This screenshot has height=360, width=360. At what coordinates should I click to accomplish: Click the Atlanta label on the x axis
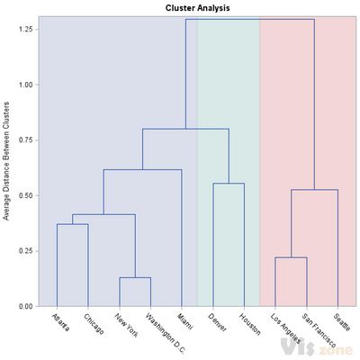[61, 321]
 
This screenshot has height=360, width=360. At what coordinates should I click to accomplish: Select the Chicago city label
[93, 323]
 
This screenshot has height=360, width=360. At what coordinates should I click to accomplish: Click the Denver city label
[217, 321]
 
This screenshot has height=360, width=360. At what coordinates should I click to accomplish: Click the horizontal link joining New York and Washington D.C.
[134, 277]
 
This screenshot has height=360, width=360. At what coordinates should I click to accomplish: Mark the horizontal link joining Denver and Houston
[228, 184]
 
